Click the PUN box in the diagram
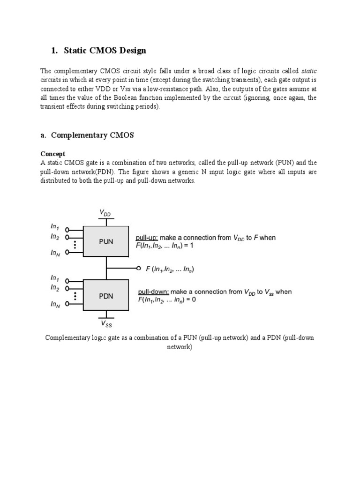pos(106,241)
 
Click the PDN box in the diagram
pos(106,295)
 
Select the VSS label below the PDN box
pos(106,323)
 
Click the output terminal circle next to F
pos(138,269)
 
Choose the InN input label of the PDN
pos(55,304)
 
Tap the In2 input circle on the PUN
pos(67,237)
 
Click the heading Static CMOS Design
pos(105,51)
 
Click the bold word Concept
pos(52,154)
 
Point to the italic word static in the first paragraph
pos(308,71)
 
